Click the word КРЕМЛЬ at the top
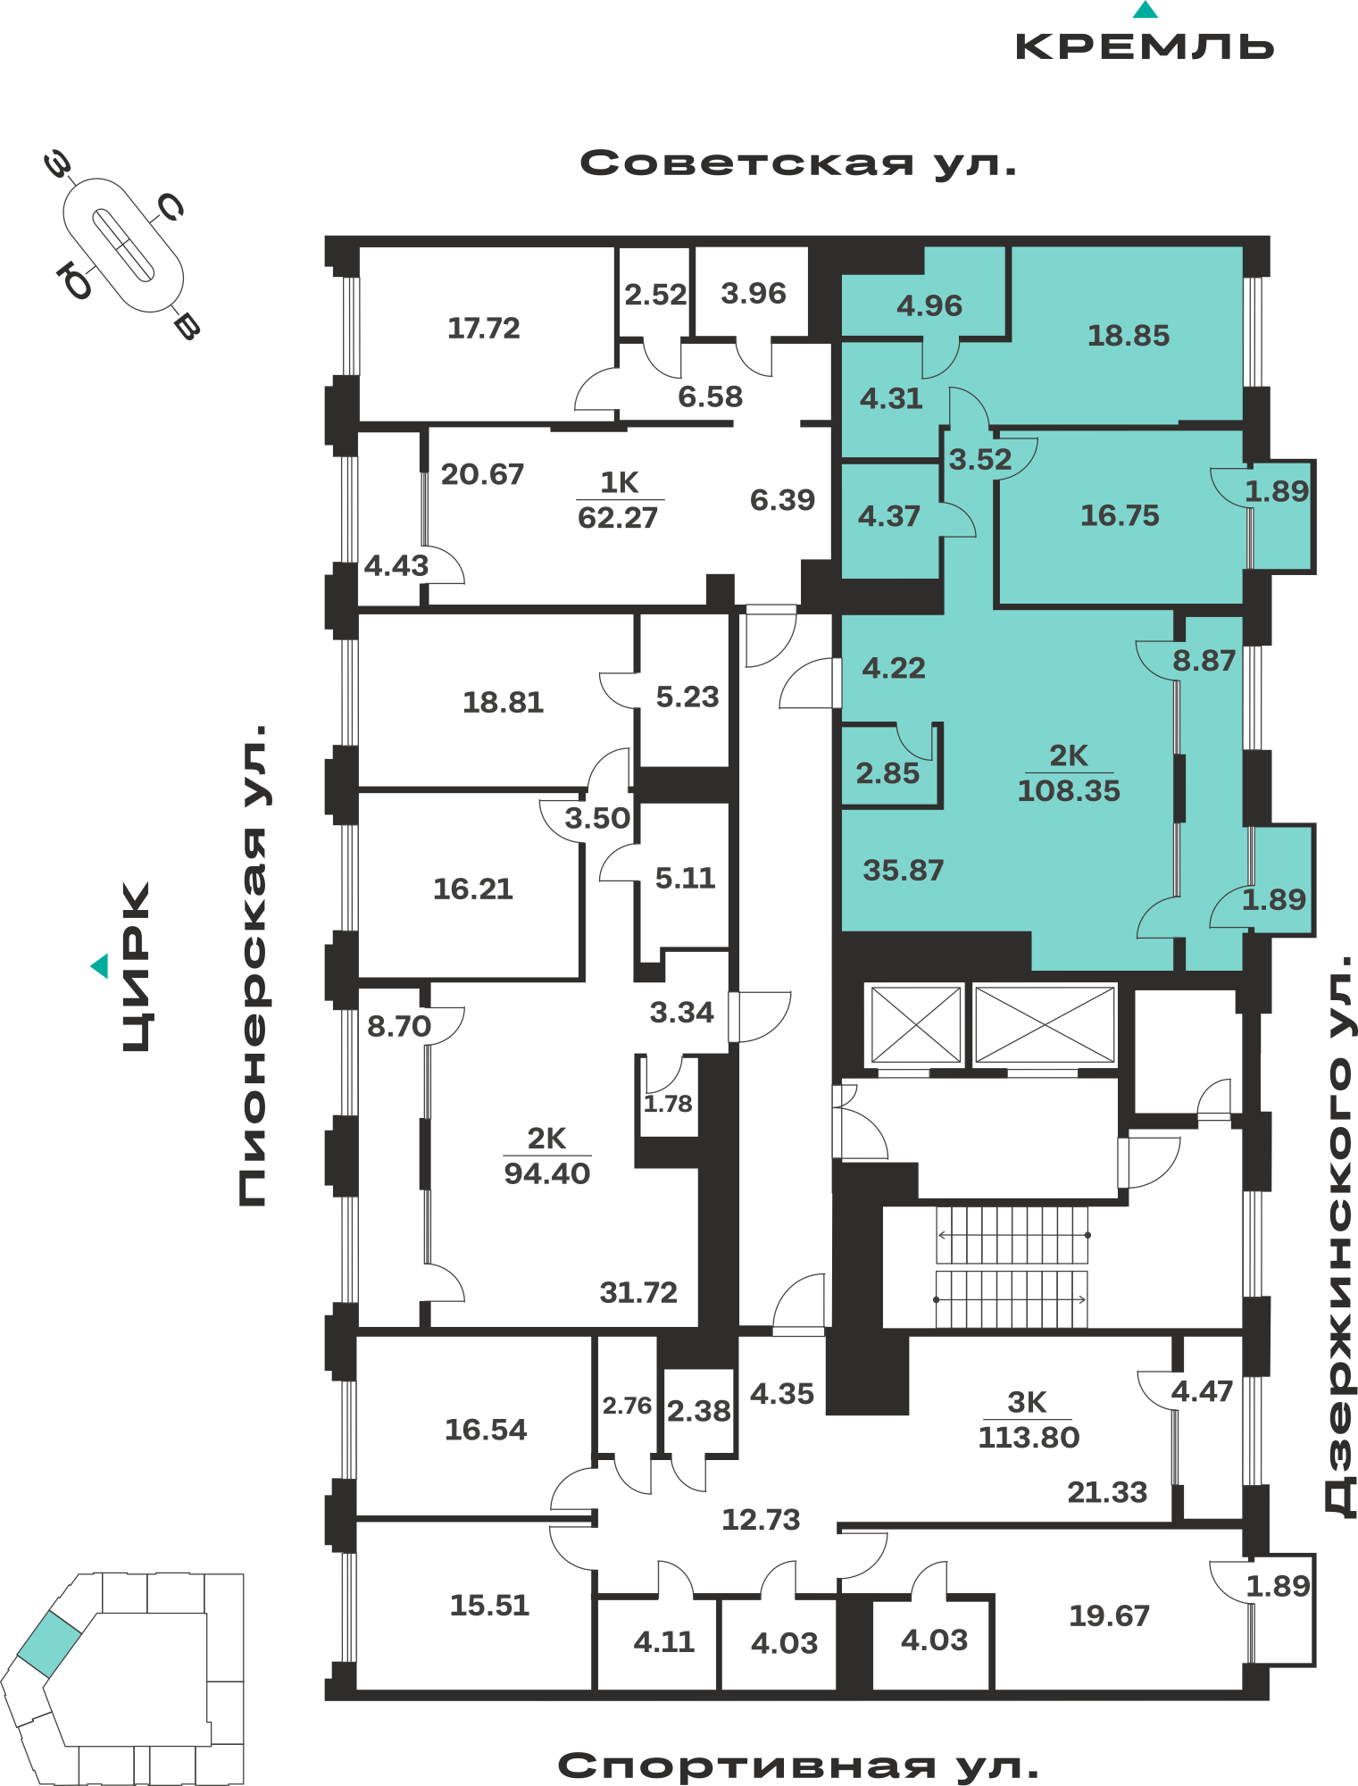pos(1145,46)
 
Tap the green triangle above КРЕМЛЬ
pos(1146,11)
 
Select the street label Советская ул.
pos(798,163)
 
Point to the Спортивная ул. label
pos(798,1766)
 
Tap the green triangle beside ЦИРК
pos(100,966)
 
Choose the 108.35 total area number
pos(1069,791)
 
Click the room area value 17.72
pos(483,329)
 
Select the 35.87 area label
pos(903,871)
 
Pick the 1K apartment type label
pos(620,483)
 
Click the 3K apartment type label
pos(1027,1403)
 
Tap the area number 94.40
pos(547,1173)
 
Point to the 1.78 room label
pos(668,1105)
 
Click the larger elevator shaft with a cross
pos(1045,1024)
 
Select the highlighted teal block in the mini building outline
pos(49,1644)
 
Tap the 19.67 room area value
pos(1109,1616)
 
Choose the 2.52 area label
pos(655,295)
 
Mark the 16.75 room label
pos(1120,516)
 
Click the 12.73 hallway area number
pos(761,1520)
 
